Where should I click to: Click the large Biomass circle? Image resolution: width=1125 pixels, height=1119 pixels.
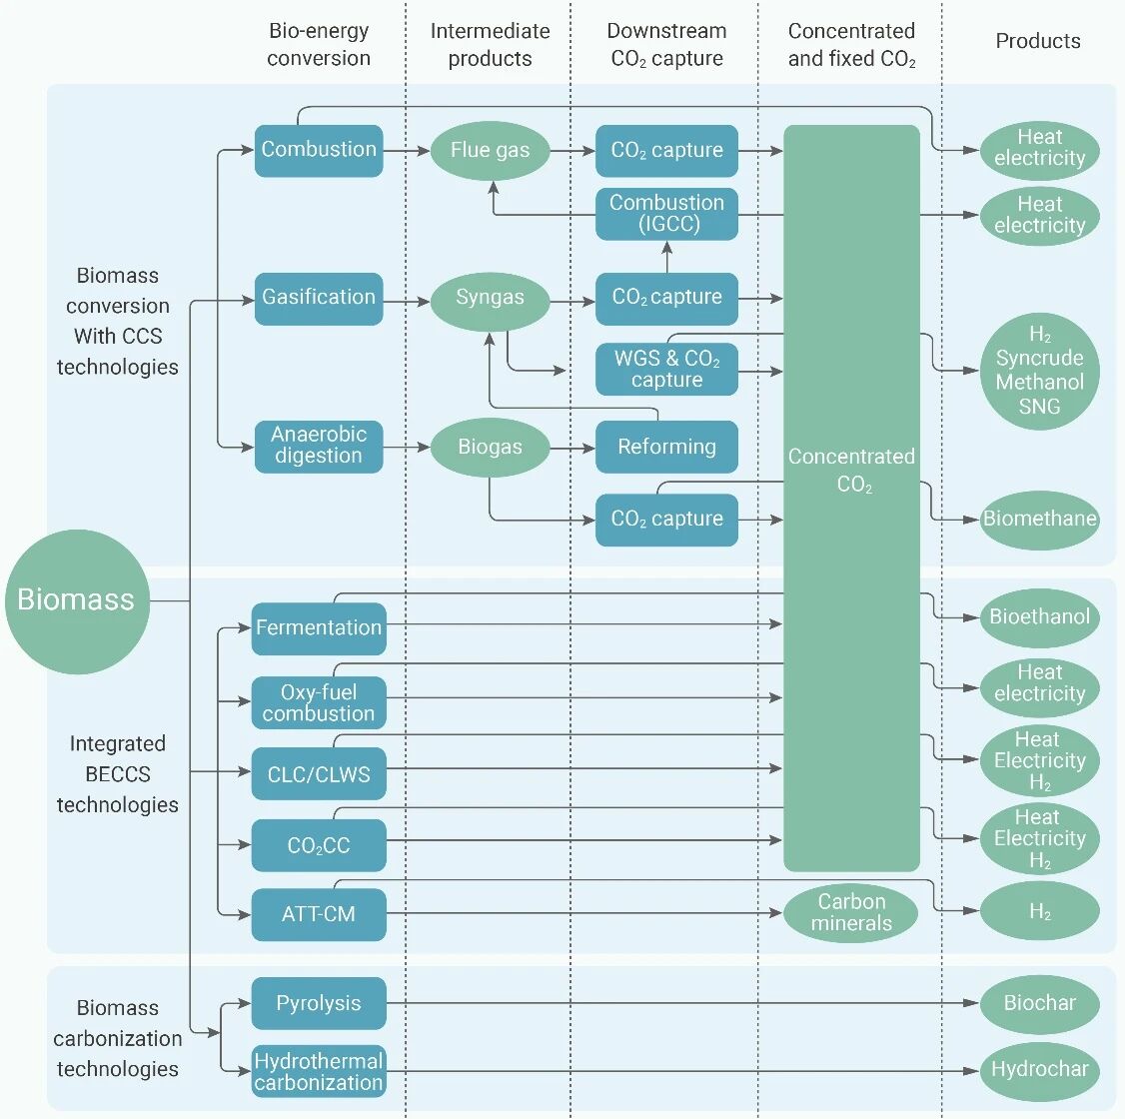77,600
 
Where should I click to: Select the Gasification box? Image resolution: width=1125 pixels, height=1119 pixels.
319,298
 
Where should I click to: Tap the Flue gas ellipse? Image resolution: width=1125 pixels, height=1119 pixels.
490,151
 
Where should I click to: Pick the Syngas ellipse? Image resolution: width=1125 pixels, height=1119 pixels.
490,298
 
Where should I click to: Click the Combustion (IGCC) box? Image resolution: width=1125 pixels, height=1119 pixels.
666,214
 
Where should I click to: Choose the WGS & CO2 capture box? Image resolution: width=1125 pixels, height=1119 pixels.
666,369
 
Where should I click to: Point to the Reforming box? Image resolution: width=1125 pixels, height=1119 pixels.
666,447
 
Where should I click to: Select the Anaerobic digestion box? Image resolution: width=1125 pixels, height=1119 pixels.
319,446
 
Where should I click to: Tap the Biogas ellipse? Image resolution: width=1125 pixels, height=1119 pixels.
490,447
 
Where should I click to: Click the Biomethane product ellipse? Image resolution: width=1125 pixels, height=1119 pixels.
1039,519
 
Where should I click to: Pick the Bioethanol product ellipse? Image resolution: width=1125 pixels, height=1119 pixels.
1039,617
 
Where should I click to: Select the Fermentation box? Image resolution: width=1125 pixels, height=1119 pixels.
319,628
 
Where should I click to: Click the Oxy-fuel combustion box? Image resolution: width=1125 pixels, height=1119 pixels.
319,702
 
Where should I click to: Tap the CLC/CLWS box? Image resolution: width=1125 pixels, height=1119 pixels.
319,774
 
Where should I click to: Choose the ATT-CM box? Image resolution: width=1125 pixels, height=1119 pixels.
319,914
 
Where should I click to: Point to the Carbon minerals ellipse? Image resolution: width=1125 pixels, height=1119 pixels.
851,912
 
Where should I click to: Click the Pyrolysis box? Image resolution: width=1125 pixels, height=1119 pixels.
319,1003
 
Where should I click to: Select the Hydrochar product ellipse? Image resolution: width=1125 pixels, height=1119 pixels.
1039,1070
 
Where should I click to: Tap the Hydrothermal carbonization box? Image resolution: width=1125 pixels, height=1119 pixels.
319,1071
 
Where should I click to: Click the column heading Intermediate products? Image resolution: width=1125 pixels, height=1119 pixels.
490,45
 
